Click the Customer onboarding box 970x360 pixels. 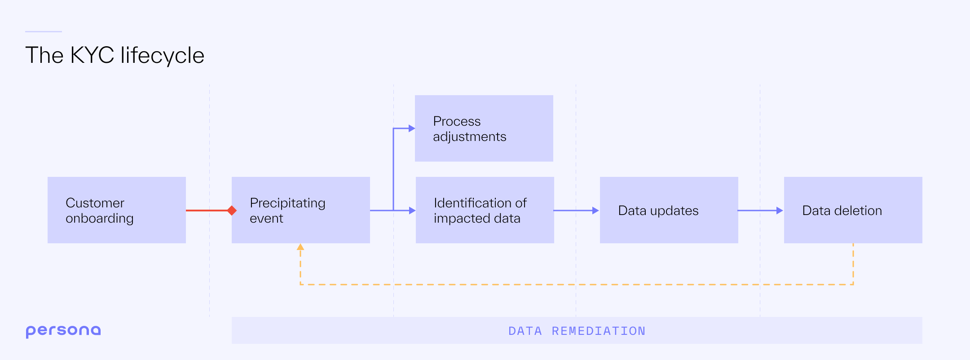[116, 210]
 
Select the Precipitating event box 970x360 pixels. [300, 210]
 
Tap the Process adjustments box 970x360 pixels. [484, 128]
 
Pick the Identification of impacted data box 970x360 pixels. [485, 210]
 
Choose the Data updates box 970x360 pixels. [669, 210]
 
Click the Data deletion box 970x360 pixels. [853, 210]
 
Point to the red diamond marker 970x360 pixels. [232, 210]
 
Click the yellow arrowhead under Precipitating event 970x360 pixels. [300, 247]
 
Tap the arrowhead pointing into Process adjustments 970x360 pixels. [411, 128]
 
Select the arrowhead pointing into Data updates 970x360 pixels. [595, 210]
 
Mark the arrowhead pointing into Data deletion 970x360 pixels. [780, 210]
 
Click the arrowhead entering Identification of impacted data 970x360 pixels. [412, 210]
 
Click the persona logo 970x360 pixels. [63, 331]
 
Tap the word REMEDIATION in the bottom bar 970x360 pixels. [599, 331]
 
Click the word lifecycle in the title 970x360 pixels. [162, 56]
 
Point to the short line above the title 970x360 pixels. [43, 31]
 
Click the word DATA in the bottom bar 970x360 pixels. [525, 331]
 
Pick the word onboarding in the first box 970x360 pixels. [100, 219]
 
